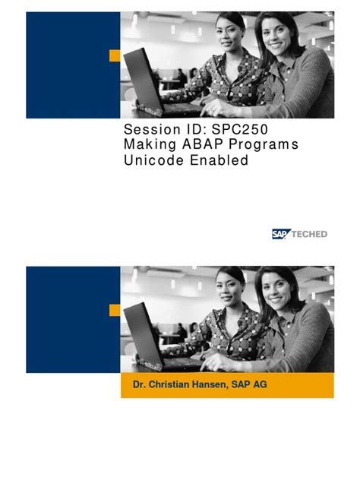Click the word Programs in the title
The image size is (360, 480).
[261, 144]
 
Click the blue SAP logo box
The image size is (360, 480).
[281, 234]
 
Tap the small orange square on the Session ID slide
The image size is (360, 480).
[115, 55]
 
